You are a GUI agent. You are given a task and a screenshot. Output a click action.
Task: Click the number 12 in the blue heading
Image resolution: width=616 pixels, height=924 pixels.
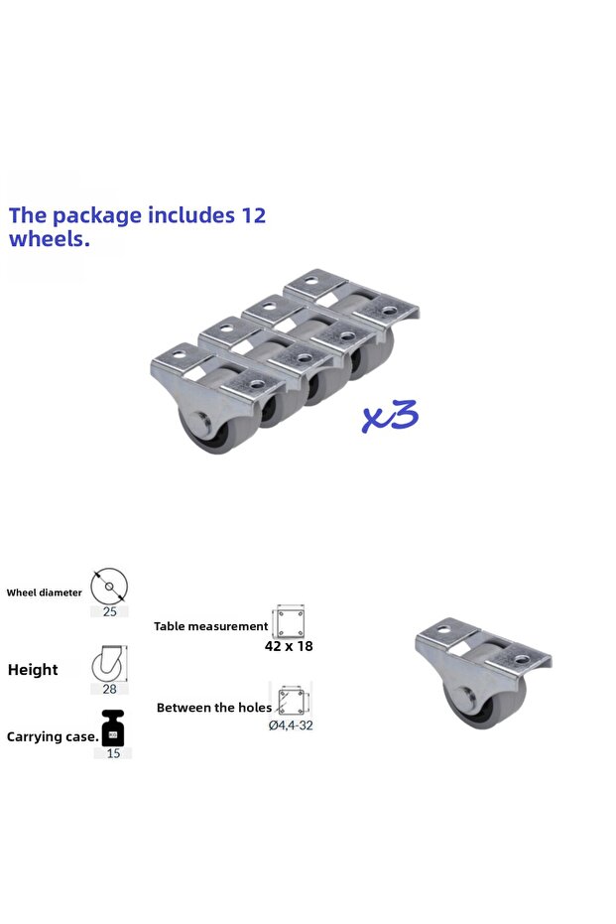254,215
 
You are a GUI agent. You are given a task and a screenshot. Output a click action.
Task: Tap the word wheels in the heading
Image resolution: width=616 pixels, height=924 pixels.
50,239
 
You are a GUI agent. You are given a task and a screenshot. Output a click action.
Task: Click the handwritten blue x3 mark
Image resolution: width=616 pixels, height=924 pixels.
390,416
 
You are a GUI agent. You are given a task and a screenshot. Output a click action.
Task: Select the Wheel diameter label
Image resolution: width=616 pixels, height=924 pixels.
45,593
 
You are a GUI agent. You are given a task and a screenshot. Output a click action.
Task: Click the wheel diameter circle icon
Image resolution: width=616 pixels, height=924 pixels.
109,587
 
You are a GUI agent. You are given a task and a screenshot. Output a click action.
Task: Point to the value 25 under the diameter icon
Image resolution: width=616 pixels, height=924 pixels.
109,611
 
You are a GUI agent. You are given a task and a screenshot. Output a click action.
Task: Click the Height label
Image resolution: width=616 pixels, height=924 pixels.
33,669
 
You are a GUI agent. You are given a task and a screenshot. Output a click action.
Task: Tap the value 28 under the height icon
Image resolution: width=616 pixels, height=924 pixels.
109,689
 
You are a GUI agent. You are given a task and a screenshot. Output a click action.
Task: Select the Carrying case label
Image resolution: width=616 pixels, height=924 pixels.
53,736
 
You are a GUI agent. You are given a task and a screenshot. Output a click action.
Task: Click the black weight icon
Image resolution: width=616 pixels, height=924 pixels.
112,727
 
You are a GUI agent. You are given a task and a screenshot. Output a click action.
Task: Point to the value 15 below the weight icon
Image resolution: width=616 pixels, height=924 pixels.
113,753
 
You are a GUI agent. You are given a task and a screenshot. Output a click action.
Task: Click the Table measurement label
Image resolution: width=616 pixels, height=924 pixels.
211,626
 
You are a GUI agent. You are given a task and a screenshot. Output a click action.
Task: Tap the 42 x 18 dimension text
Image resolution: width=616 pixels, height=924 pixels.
289,646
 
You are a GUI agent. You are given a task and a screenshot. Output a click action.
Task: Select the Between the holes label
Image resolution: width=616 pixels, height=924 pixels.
214,708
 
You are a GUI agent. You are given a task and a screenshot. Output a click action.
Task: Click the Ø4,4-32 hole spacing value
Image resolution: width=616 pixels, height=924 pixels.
291,726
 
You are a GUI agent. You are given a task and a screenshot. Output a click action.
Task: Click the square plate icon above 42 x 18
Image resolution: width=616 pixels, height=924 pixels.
289,621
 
